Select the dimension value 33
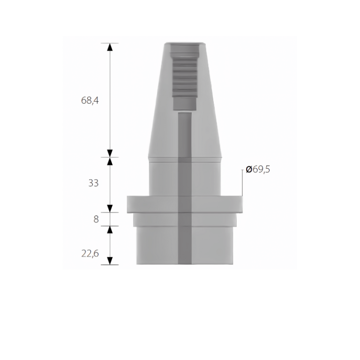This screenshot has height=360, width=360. point(93,183)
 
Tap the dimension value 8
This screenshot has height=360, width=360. point(96,219)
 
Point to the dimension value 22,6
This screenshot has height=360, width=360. point(90,253)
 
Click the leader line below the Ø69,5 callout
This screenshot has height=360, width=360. point(242,185)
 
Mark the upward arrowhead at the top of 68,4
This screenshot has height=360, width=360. point(110,47)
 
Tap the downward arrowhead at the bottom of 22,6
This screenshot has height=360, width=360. point(110,260)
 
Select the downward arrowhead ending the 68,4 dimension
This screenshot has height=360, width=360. point(110,153)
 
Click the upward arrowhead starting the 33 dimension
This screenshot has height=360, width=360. point(110,161)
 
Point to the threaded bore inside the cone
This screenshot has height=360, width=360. point(185,75)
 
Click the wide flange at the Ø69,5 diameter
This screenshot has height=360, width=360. point(141,204)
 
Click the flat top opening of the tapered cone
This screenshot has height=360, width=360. point(185,44)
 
